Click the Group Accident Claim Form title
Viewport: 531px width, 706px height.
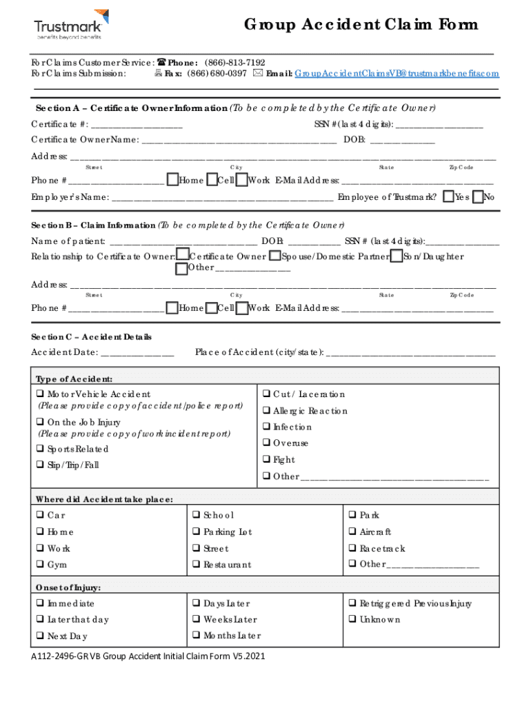point(361,25)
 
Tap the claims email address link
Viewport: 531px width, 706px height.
point(396,73)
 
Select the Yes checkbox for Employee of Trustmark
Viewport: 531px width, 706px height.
point(448,197)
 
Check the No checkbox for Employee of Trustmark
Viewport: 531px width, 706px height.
point(478,197)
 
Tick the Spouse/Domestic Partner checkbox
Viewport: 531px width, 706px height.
point(274,256)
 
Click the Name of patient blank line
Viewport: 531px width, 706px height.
point(183,241)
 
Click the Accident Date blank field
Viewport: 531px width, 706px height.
point(137,353)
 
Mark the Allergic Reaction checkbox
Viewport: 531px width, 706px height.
point(266,411)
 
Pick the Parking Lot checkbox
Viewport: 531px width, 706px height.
point(197,532)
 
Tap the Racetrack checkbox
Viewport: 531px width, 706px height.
point(352,549)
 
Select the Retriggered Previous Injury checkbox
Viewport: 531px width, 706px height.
point(352,604)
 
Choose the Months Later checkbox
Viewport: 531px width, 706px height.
point(197,636)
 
